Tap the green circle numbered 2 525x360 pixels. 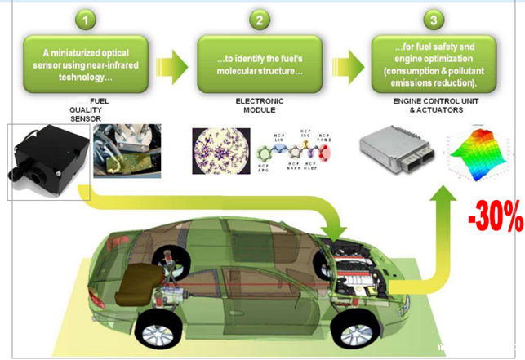pos(256,17)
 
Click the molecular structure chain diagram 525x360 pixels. pos(297,151)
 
